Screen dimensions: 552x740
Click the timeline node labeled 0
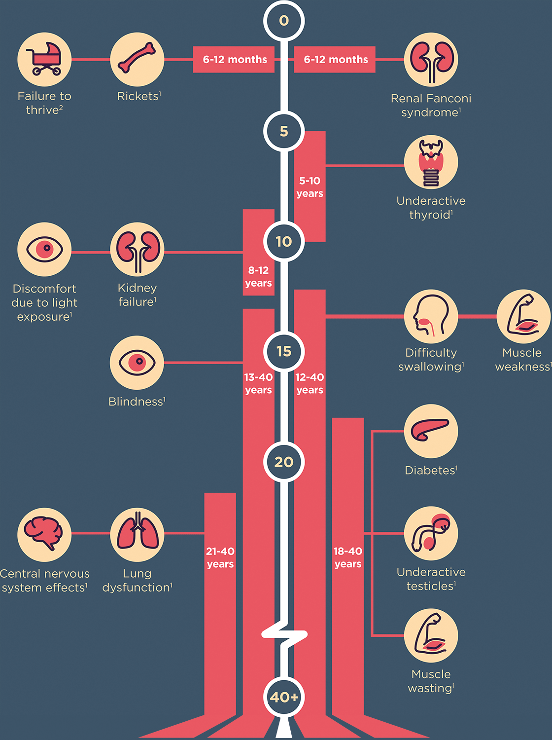click(284, 21)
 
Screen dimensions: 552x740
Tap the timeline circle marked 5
click(284, 131)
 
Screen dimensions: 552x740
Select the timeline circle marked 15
click(284, 352)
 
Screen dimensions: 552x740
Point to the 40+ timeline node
click(284, 697)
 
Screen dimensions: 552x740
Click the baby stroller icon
click(44, 60)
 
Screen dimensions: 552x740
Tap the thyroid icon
click(431, 162)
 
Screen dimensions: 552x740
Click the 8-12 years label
click(258, 276)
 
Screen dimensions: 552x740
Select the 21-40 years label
click(220, 557)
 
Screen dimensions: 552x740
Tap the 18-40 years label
click(348, 557)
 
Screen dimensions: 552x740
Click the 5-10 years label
click(310, 187)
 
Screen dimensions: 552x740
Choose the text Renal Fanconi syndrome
click(431, 105)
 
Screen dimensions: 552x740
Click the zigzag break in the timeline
click(284, 635)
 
